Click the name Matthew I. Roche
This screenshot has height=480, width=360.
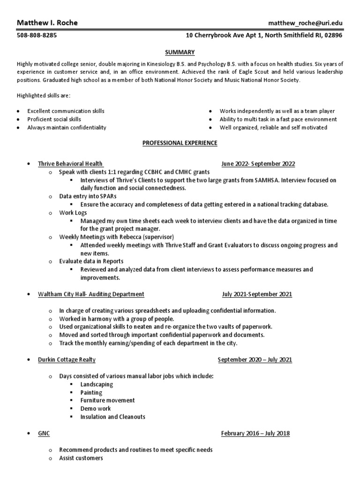click(x=47, y=23)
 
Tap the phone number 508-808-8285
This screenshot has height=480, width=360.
click(x=37, y=36)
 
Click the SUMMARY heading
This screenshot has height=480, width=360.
click(x=180, y=52)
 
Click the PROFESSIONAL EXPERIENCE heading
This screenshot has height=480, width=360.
click(x=180, y=143)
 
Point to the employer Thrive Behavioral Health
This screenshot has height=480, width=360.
click(x=70, y=164)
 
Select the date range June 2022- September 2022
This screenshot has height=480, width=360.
click(x=258, y=164)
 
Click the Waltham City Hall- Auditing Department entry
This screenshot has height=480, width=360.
click(x=91, y=294)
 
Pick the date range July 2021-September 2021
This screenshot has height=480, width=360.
click(x=257, y=294)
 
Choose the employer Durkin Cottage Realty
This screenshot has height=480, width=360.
click(x=67, y=360)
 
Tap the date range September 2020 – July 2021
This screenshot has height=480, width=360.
click(x=255, y=360)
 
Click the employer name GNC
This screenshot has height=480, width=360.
click(x=44, y=434)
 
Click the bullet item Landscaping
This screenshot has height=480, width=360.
click(x=97, y=384)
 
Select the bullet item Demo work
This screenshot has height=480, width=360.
click(x=96, y=409)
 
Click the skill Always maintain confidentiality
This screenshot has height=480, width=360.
click(x=67, y=127)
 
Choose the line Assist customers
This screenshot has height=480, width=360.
click(x=81, y=458)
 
